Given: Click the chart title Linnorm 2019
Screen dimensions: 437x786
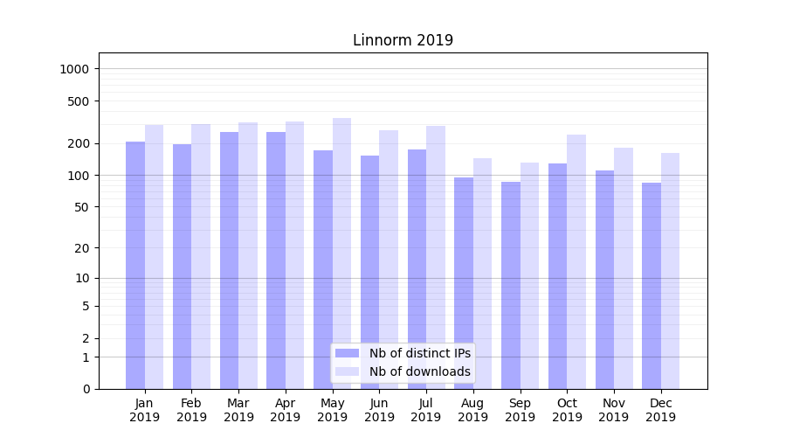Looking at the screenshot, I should [x=403, y=40].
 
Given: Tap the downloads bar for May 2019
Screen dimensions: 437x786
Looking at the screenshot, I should [x=341, y=253].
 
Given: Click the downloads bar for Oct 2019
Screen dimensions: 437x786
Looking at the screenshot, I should [x=576, y=261].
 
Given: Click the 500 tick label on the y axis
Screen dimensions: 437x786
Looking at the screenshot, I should [x=80, y=101].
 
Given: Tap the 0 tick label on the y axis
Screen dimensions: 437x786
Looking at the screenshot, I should [x=86, y=389].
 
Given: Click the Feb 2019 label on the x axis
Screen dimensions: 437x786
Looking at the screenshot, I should [x=191, y=410].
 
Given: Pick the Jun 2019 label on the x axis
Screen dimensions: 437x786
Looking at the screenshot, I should [x=379, y=410].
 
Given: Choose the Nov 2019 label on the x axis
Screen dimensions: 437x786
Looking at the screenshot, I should [x=614, y=410].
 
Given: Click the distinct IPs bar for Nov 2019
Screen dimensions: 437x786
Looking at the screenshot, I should [x=604, y=280].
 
